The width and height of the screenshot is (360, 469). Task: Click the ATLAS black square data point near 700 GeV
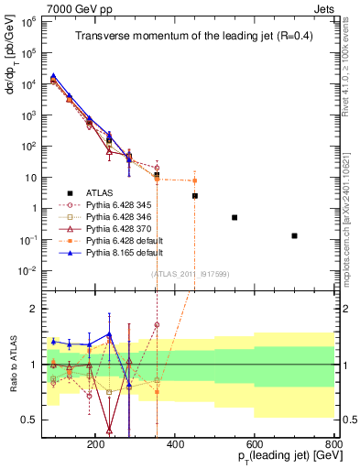294,235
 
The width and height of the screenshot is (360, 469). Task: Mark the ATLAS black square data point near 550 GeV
235,217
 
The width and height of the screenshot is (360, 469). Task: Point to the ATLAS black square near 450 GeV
195,195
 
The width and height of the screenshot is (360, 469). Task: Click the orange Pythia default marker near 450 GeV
195,180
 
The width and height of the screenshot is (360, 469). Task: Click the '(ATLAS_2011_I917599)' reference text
189,273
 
